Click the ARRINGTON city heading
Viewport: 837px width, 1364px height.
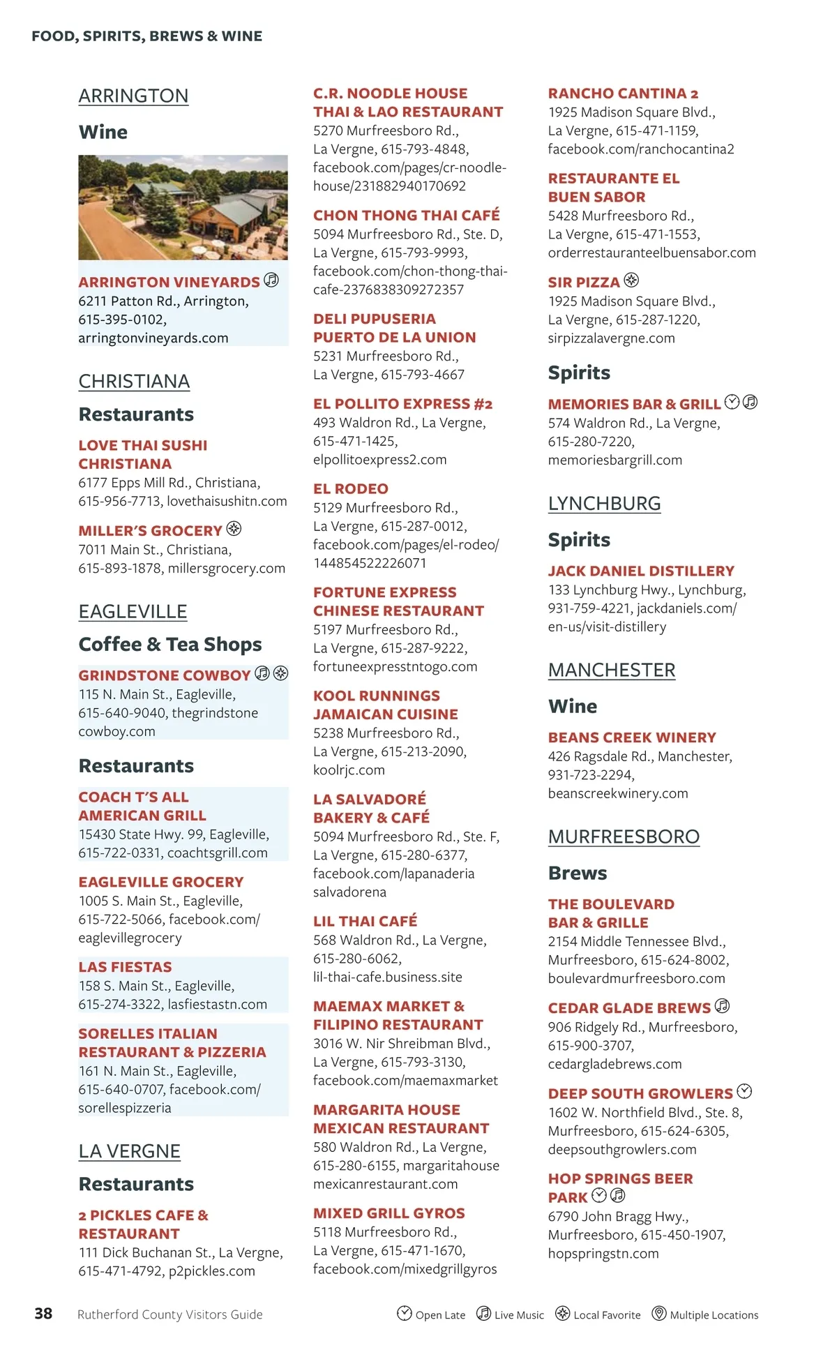[x=133, y=96]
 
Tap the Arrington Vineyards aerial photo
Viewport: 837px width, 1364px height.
[x=183, y=207]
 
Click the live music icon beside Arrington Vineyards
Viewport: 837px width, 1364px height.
[x=271, y=280]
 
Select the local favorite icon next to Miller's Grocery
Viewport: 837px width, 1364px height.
[x=234, y=529]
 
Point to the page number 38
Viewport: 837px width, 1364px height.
[x=43, y=1314]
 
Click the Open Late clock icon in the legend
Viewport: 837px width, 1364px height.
[x=405, y=1313]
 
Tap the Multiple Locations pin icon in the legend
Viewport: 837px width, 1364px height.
[x=658, y=1313]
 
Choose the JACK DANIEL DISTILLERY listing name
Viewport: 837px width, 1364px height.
[x=641, y=571]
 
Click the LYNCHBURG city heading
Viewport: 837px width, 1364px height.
[x=604, y=503]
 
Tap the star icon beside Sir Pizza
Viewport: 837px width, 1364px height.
[x=631, y=280]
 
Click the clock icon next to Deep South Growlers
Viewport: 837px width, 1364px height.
[x=745, y=1091]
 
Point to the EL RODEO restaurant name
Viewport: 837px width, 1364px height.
[x=351, y=488]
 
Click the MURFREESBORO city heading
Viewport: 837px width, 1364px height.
[x=624, y=837]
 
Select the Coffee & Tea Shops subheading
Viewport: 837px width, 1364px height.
[x=170, y=644]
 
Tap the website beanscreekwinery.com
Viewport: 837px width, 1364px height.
[x=618, y=793]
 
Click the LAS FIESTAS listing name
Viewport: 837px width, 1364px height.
[x=125, y=967]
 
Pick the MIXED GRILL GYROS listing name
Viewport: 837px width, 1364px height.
[x=389, y=1213]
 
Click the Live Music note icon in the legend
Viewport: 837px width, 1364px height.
[x=483, y=1313]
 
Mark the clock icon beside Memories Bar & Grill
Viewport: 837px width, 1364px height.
[x=732, y=402]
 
